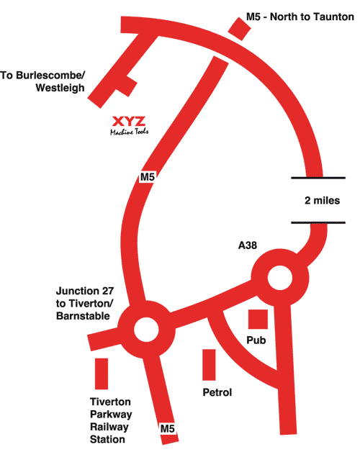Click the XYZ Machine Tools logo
pos(130,125)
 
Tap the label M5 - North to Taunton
pos(300,17)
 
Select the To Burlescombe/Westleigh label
pos(42,81)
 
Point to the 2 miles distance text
pos(323,200)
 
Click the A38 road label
pos(248,245)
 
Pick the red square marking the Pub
pos(258,319)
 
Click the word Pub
pos(256,340)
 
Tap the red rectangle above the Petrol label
pos(209,365)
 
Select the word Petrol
pos(217,392)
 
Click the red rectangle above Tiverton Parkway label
pos(102,374)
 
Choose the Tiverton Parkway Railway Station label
pos(111,420)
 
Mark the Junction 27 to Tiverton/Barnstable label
pos(85,303)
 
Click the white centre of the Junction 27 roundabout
pos(146,330)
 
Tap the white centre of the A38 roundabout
pos(280,278)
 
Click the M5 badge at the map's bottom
pos(168,429)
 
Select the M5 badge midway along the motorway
pos(148,177)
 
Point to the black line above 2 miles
pos(318,178)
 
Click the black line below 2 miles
pos(318,222)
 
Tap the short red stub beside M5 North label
pos(240,29)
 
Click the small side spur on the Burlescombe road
pos(127,86)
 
